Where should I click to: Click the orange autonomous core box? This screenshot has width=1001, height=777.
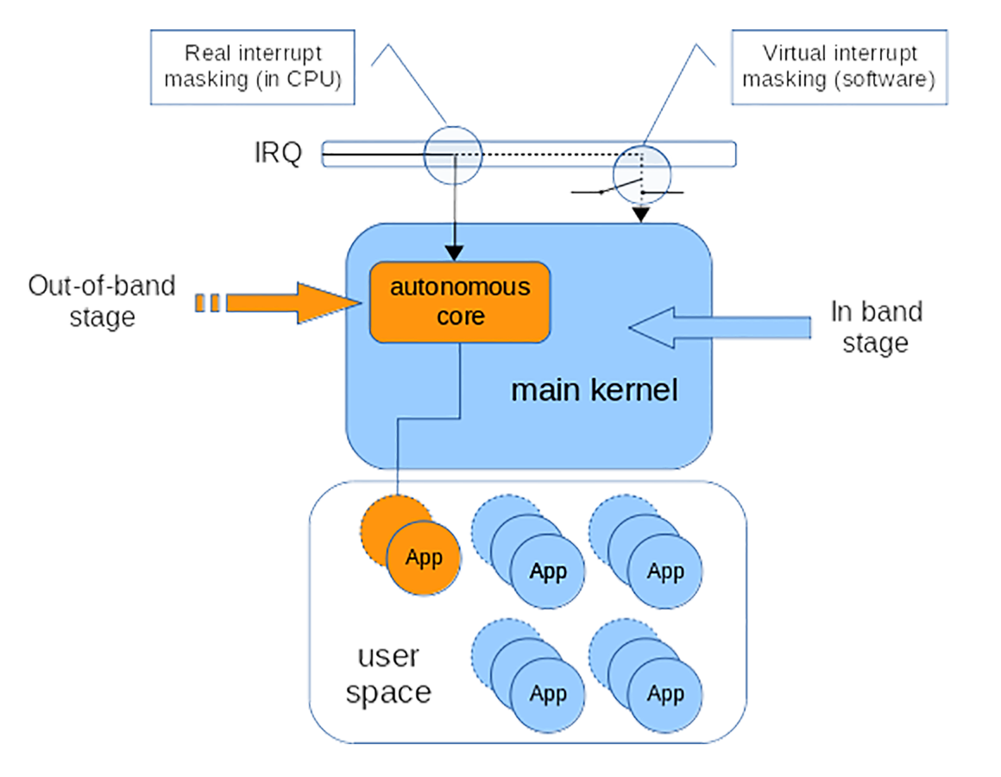(x=460, y=301)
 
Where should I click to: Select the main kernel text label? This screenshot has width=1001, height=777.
(x=594, y=390)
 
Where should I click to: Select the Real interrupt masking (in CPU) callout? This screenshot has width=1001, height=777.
(x=253, y=66)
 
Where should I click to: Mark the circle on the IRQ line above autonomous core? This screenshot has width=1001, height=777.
(x=451, y=154)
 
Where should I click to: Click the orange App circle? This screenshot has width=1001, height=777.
(x=423, y=558)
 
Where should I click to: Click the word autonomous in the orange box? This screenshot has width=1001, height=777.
(x=460, y=287)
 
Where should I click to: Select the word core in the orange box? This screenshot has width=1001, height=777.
(x=460, y=316)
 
